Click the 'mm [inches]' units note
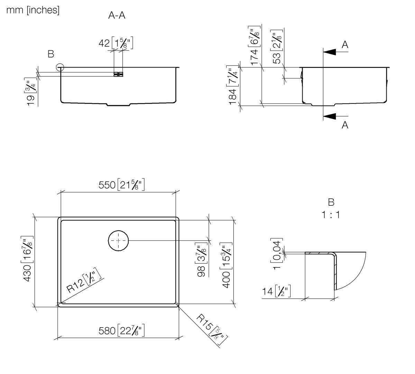click(x=33, y=10)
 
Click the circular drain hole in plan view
click(x=118, y=240)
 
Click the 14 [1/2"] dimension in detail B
click(x=276, y=292)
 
